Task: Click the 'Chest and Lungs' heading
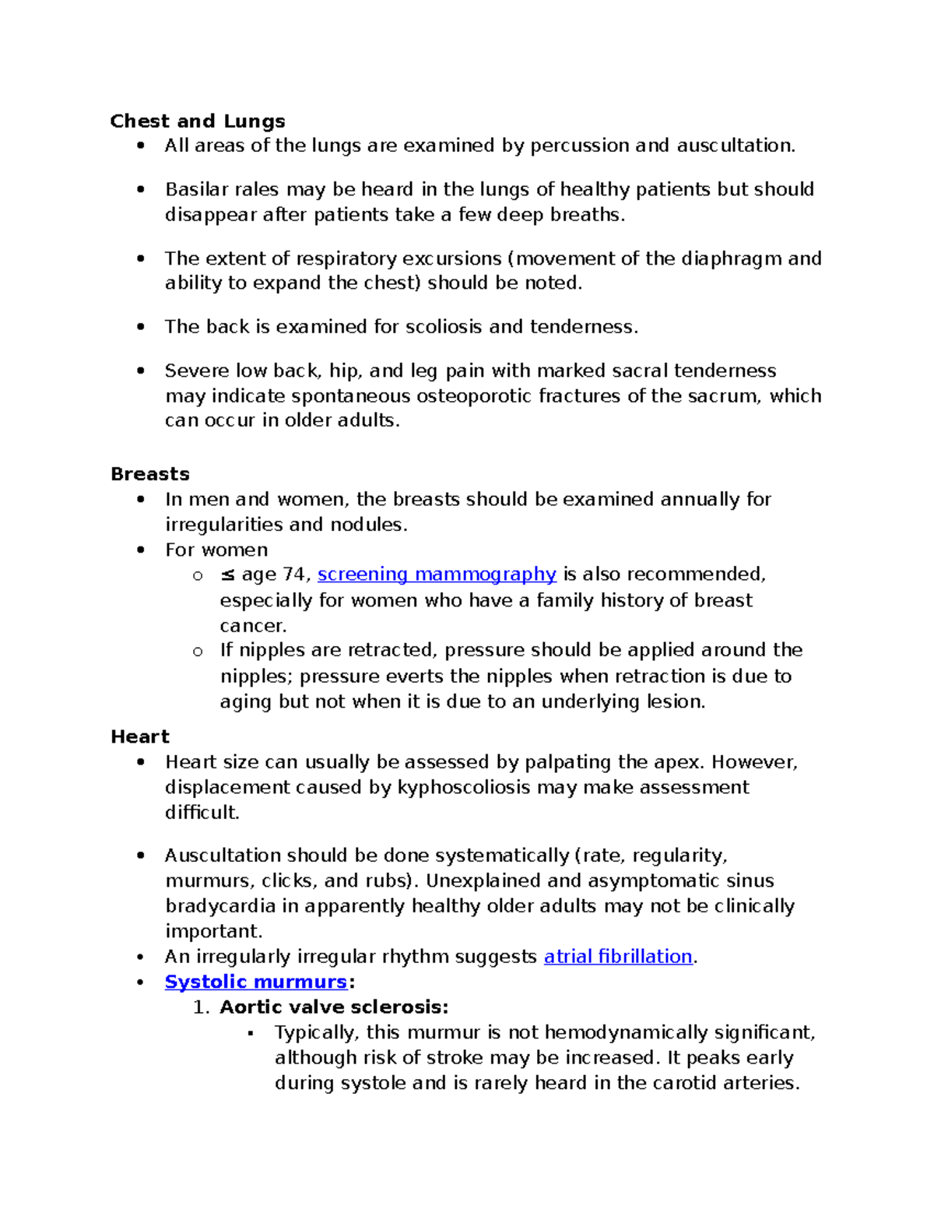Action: click(198, 121)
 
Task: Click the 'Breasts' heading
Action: click(150, 474)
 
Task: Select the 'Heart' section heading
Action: click(140, 736)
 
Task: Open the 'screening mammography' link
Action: click(437, 575)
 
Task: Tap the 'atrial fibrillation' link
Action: click(618, 957)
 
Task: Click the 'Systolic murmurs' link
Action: click(255, 982)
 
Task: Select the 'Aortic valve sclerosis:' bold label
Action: click(334, 1007)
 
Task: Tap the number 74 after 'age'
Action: click(294, 575)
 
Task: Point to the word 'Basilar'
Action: click(196, 190)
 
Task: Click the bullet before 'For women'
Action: click(141, 550)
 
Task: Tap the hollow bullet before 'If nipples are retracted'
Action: click(198, 652)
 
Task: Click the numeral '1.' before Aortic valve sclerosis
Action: click(202, 1007)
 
